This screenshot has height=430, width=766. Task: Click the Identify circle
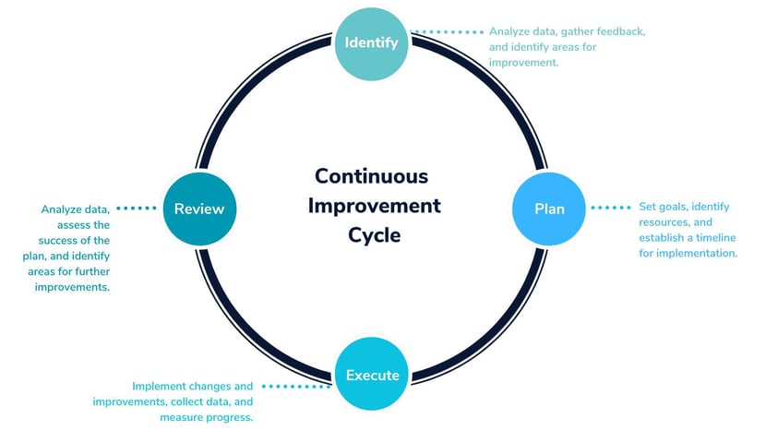pyautogui.click(x=371, y=43)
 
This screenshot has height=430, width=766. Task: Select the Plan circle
pyautogui.click(x=548, y=209)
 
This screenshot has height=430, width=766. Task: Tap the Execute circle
pyautogui.click(x=372, y=374)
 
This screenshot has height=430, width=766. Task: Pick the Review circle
pyautogui.click(x=199, y=209)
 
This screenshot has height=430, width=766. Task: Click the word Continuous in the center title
pyautogui.click(x=371, y=176)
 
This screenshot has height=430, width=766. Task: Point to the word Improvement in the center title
pyautogui.click(x=374, y=206)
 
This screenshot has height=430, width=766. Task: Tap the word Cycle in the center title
pyautogui.click(x=374, y=235)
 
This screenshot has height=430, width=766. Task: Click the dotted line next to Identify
pyautogui.click(x=447, y=32)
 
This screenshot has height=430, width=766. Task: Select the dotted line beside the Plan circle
pyautogui.click(x=611, y=208)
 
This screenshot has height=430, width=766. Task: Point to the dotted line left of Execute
pyautogui.click(x=296, y=387)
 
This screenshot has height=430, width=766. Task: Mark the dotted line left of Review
pyautogui.click(x=137, y=209)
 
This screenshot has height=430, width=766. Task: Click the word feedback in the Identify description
pyautogui.click(x=619, y=31)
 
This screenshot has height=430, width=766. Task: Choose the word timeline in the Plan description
pyautogui.click(x=715, y=237)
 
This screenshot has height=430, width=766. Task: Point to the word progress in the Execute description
pyautogui.click(x=230, y=418)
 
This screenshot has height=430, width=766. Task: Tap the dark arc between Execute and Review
pyautogui.click(x=247, y=331)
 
